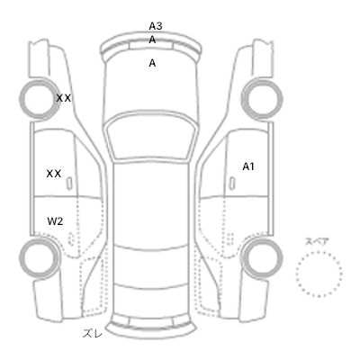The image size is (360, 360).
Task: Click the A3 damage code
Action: [x=156, y=26]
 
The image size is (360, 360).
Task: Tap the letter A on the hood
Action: [x=152, y=63]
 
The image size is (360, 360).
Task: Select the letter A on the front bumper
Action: [x=152, y=40]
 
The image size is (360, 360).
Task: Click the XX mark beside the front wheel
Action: [x=64, y=98]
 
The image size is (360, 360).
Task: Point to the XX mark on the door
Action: [x=54, y=174]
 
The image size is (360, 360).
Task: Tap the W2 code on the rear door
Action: [x=55, y=221]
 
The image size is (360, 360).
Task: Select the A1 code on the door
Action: [x=248, y=166]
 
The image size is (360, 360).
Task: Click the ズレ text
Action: [x=93, y=333]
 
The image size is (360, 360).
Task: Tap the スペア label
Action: [x=317, y=242]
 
